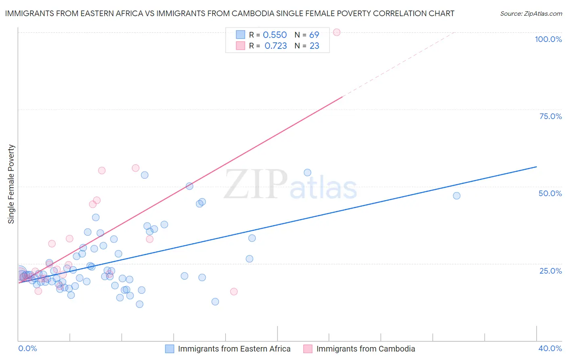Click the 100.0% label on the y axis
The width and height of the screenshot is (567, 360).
click(548, 39)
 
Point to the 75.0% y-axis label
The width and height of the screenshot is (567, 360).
click(550, 116)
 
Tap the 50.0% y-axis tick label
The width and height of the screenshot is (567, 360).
click(550, 193)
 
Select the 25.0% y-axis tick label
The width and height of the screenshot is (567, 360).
click(550, 271)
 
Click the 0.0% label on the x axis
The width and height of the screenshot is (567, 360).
click(27, 349)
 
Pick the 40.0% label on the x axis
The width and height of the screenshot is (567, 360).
click(550, 349)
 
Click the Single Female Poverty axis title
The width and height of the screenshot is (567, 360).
click(11, 184)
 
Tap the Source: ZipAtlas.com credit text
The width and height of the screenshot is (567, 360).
click(531, 14)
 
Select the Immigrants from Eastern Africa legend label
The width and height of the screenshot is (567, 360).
click(234, 349)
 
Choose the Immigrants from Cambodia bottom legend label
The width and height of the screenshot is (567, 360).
click(365, 349)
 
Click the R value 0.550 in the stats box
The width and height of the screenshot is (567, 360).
click(275, 35)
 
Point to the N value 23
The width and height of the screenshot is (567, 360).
click(314, 46)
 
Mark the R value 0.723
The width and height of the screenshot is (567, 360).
click(275, 46)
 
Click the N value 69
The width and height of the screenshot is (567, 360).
click(314, 35)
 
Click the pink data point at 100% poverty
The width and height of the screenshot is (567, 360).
click(337, 32)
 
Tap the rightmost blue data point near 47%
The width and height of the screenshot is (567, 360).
click(457, 196)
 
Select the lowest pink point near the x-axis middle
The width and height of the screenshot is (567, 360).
click(234, 291)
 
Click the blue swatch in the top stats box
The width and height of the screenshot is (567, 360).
click(240, 35)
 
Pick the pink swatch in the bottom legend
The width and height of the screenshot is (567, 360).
click(308, 349)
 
